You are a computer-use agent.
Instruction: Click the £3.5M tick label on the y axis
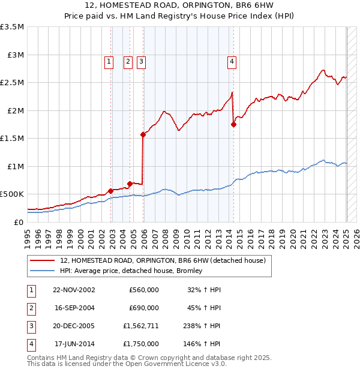tap(13, 27)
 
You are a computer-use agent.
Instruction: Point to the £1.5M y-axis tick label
tap(13, 138)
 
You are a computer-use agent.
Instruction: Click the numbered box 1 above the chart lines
tap(109, 61)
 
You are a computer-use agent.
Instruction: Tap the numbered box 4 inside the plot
tap(231, 61)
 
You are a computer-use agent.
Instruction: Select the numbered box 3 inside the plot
tap(141, 61)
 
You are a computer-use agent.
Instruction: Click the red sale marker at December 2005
tap(143, 135)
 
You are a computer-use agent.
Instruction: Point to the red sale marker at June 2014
tap(233, 124)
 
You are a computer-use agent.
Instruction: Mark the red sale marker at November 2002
tap(110, 191)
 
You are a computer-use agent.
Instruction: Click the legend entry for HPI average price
tap(131, 271)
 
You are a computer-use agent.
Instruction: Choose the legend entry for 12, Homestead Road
tap(163, 260)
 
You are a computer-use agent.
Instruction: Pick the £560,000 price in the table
tap(144, 290)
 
